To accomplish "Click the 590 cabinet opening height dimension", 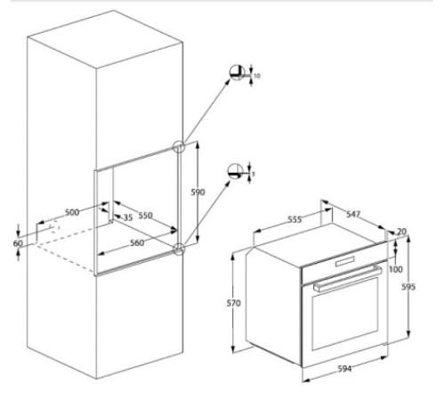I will [198, 192].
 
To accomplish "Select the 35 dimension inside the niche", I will [126, 217].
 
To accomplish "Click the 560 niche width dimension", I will [137, 242].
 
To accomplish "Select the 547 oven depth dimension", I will [353, 216].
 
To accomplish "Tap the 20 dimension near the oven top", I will [401, 232].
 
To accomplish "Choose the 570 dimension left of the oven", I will [233, 304].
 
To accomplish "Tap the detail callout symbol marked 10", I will [238, 73].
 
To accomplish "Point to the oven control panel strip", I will [343, 266].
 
